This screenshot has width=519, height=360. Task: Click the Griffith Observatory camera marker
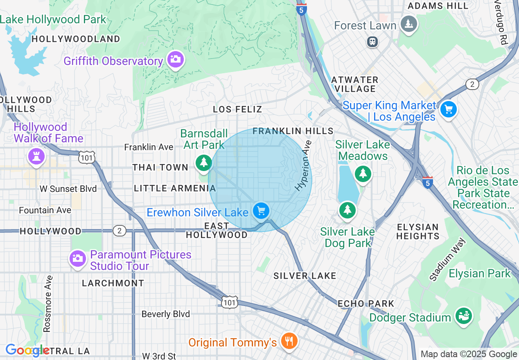tap(176, 60)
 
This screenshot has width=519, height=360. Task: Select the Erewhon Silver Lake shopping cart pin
tap(261, 211)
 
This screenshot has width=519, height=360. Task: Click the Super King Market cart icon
tap(449, 109)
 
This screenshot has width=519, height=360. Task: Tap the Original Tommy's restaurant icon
tap(289, 340)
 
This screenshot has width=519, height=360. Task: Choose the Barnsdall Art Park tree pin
tap(203, 163)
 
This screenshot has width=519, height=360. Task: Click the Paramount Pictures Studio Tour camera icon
tap(77, 259)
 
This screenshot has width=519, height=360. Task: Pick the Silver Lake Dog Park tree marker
tap(347, 210)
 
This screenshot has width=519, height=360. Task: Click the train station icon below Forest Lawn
tap(372, 42)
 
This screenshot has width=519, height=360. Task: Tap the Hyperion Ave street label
tap(304, 166)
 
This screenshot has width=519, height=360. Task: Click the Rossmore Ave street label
tap(47, 304)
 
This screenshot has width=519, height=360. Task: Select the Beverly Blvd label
tap(166, 314)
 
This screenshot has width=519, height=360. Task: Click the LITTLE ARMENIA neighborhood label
tap(175, 188)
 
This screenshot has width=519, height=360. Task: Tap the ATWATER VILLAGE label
tap(354, 84)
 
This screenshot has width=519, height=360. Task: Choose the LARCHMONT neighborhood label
tap(113, 283)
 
